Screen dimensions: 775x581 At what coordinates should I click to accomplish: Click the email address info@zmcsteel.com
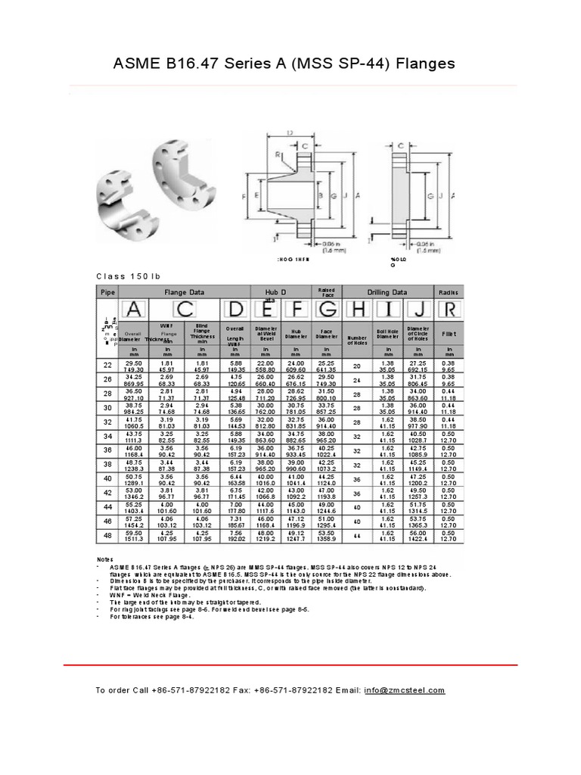click(404, 690)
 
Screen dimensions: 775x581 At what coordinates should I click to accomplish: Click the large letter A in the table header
click(133, 310)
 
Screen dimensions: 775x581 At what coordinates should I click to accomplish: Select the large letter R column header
click(449, 310)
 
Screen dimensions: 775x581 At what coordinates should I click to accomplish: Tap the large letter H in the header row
click(356, 310)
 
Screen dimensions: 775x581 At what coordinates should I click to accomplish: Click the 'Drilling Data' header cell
click(387, 291)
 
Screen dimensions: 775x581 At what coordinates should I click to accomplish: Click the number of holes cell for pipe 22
click(356, 366)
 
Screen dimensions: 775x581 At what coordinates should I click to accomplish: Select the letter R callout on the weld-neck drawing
click(278, 154)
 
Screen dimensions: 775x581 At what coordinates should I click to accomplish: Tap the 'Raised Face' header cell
click(326, 291)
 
